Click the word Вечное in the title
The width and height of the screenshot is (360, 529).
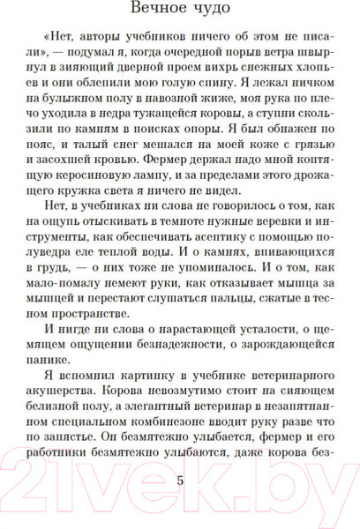click(x=150, y=11)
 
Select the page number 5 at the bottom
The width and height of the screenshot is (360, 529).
click(x=181, y=481)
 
